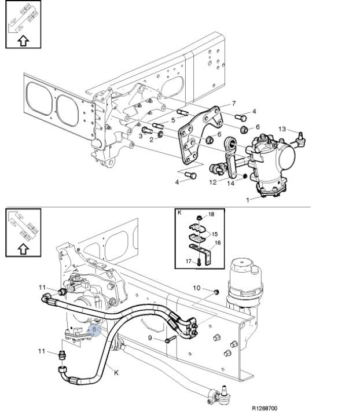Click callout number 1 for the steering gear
point(248,200)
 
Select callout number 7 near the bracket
point(233,103)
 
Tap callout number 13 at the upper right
point(282,129)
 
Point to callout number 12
point(213,182)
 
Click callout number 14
point(231,183)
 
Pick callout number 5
point(173,120)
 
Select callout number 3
point(140,136)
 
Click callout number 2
point(152,139)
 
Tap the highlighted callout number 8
point(94,330)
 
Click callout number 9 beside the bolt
point(150,338)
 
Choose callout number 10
point(197,288)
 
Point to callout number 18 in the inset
point(211,214)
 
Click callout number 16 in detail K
point(218,243)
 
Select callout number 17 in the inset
point(189,261)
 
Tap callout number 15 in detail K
point(215,234)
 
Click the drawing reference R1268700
point(265,408)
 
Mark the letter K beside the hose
point(116,373)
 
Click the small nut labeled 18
point(199,218)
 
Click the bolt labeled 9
point(171,339)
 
